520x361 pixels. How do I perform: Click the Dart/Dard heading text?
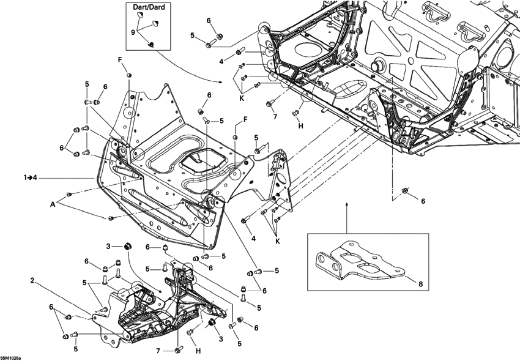point(147,7)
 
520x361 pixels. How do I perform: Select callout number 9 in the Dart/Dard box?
point(133,31)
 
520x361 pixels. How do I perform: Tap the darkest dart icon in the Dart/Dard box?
point(152,43)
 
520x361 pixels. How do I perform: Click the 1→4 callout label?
point(31,177)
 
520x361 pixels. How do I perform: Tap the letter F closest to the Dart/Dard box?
point(121,59)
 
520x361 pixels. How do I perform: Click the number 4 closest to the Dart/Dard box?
point(221,61)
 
